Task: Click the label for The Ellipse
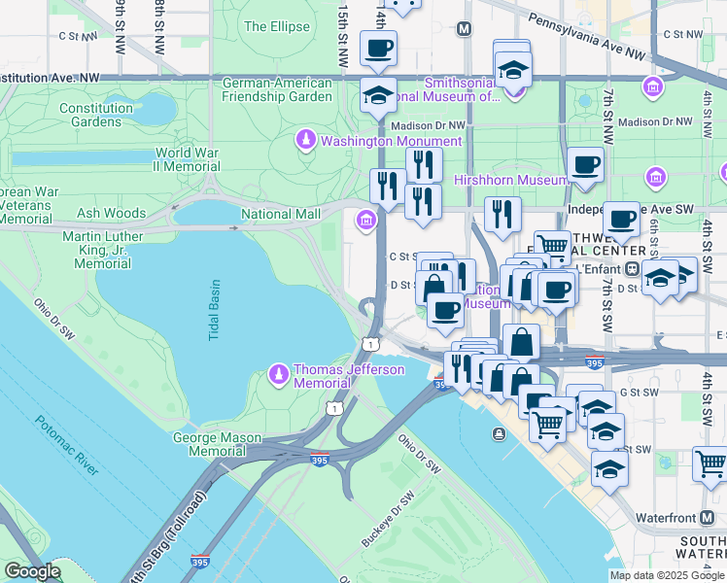(276, 26)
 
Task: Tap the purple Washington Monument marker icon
(306, 141)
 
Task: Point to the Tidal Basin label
(215, 310)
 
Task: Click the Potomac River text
(66, 446)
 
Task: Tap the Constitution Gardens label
(96, 115)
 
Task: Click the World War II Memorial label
(189, 159)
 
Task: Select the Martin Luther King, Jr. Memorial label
(96, 250)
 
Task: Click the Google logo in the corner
(32, 571)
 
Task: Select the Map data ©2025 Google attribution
(666, 575)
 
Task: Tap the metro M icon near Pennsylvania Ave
(464, 29)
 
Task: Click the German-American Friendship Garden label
(277, 89)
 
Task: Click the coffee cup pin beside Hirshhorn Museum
(585, 166)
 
